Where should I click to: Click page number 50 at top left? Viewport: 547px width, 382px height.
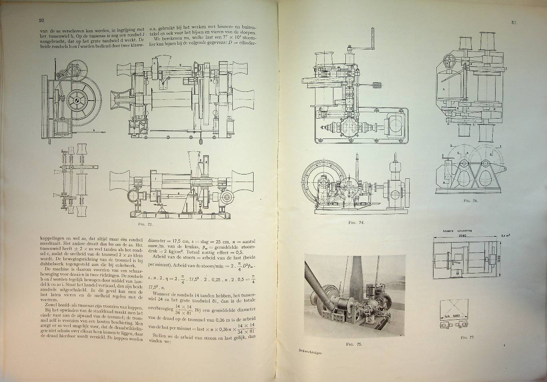[x=42, y=20]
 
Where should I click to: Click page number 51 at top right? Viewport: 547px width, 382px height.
[x=514, y=23]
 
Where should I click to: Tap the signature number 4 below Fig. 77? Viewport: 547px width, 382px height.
[x=504, y=340]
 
